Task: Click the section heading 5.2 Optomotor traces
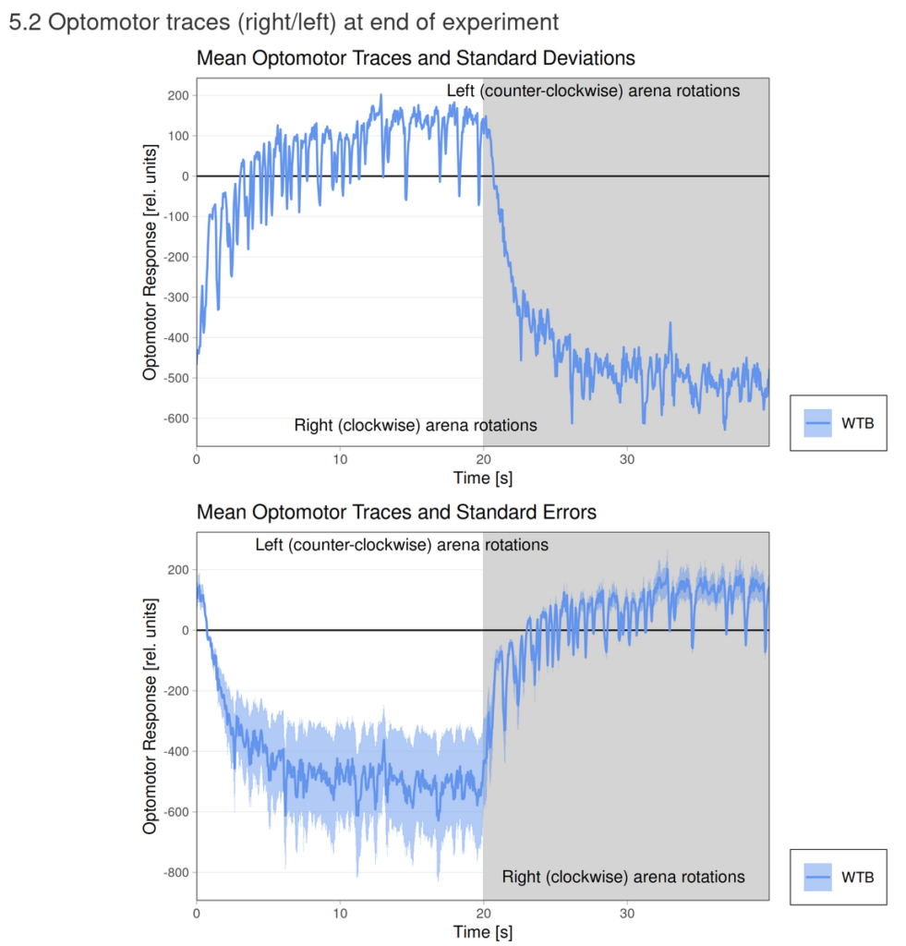(284, 23)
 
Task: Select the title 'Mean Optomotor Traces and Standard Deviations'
(416, 58)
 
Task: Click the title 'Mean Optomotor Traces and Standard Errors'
(396, 512)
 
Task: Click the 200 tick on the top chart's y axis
(177, 96)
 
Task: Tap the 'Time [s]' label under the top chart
(482, 478)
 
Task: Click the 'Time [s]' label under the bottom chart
(482, 931)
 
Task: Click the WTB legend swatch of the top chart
(818, 423)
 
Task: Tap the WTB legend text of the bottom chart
(857, 876)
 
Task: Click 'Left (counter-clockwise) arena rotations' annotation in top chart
(593, 91)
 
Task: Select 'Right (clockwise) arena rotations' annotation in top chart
(416, 426)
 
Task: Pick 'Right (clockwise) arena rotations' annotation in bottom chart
(623, 876)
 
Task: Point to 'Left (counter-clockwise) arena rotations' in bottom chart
(402, 545)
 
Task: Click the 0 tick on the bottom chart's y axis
(186, 630)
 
